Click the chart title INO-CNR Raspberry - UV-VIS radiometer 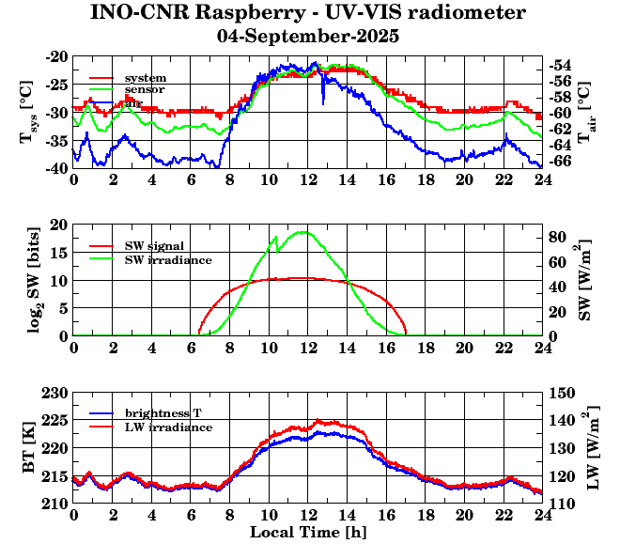[x=307, y=13]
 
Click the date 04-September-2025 [x=307, y=37]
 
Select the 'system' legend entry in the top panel [x=145, y=77]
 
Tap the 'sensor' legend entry [x=145, y=89]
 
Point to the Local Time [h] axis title [x=307, y=533]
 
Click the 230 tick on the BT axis [x=55, y=392]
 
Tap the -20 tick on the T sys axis [x=56, y=56]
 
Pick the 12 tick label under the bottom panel [x=307, y=515]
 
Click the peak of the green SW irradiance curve [x=302, y=231]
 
